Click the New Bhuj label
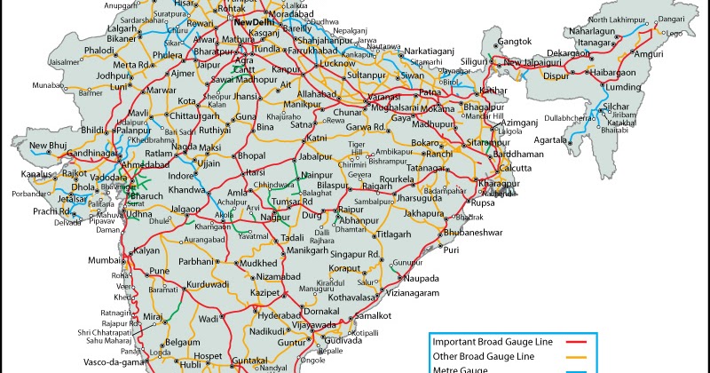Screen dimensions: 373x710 click(x=48, y=146)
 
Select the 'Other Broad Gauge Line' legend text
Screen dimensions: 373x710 click(x=484, y=355)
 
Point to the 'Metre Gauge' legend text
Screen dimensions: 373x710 click(x=461, y=369)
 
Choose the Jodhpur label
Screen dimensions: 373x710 click(x=113, y=75)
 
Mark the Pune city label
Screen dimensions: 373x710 click(x=159, y=271)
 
